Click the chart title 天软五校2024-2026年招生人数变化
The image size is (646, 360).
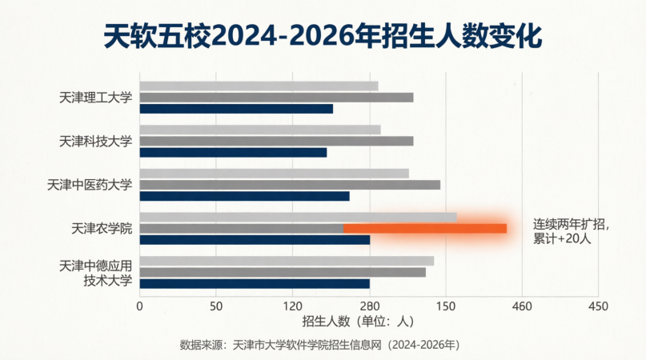323,36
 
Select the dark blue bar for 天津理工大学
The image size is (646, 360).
236,109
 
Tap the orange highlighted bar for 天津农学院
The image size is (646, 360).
425,229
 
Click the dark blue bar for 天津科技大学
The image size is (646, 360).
233,153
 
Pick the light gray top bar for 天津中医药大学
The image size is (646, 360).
275,174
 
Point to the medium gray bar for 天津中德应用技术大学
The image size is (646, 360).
283,272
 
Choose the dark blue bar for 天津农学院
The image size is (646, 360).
255,240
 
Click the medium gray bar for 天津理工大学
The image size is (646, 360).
276,98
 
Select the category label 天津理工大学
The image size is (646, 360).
95,98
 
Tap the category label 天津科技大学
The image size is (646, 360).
95,142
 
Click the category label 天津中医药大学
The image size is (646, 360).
90,185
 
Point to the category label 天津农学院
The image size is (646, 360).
102,229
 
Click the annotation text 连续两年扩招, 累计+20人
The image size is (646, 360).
571,231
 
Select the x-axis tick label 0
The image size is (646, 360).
139,306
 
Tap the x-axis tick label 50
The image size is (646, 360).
216,306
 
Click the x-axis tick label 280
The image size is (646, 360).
370,306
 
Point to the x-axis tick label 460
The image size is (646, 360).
522,306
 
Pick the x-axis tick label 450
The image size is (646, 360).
598,306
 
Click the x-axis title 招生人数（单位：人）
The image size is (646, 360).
358,322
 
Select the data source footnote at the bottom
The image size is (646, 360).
319,345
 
